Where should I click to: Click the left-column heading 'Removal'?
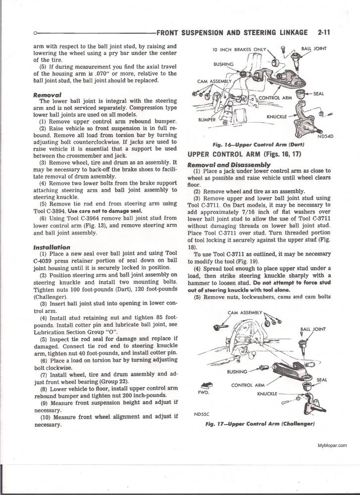pos(47,95)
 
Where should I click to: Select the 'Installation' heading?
pos(51,247)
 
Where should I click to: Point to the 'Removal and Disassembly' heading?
pos(229,164)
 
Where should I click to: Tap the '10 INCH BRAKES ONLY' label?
pos(239,50)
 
